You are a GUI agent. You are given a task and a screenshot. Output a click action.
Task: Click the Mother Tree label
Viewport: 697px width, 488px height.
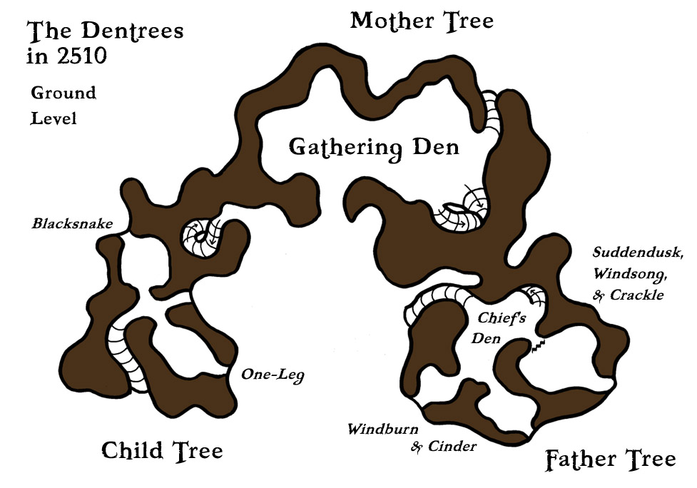(x=422, y=21)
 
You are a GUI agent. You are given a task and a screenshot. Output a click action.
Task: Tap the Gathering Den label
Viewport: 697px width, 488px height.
(x=374, y=148)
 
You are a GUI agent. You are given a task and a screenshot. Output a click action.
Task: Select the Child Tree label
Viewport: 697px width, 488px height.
(x=162, y=450)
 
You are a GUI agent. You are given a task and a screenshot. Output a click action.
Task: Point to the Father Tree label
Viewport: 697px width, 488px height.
(x=610, y=460)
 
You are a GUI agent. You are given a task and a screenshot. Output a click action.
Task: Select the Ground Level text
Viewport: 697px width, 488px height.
(x=63, y=106)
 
